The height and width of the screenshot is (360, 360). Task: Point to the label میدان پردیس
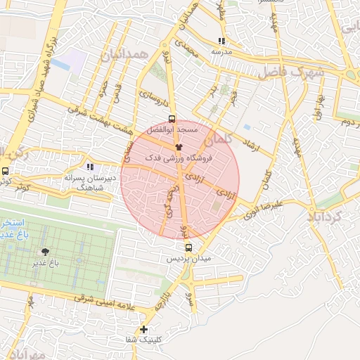188,259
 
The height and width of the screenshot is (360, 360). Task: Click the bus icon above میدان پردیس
188,247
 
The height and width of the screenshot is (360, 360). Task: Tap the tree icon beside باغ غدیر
46,251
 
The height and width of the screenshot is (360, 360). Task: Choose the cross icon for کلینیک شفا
143,329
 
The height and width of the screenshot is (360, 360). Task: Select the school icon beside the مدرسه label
222,41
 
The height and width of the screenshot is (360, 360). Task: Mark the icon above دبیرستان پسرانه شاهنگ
90,167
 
